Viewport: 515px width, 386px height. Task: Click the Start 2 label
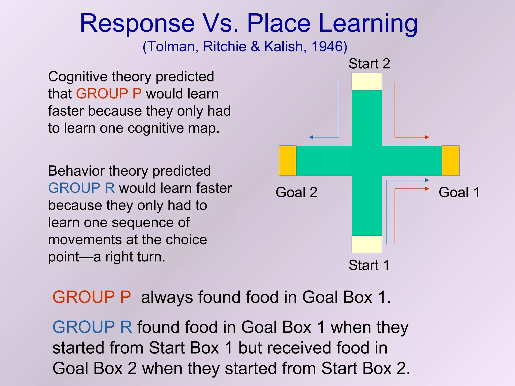(369, 64)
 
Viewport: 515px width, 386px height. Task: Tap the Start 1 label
(369, 265)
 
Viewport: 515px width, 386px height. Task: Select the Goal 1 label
(459, 192)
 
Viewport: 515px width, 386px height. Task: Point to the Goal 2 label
(296, 192)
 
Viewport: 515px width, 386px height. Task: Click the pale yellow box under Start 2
(367, 81)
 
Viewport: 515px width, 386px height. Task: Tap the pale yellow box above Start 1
(367, 244)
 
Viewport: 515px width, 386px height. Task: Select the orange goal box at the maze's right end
(450, 161)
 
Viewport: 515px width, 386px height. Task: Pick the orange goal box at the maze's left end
(287, 161)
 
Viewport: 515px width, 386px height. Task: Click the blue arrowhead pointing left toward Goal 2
(311, 137)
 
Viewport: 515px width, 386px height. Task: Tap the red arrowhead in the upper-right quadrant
(427, 137)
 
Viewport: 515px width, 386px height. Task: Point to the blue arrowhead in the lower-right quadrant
(427, 180)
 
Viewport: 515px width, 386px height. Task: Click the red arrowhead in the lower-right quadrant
(427, 189)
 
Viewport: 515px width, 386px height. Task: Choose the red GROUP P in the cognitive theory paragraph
(109, 94)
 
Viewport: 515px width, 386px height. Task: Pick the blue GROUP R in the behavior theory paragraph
(81, 188)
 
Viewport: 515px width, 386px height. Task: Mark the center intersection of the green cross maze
(367, 161)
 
